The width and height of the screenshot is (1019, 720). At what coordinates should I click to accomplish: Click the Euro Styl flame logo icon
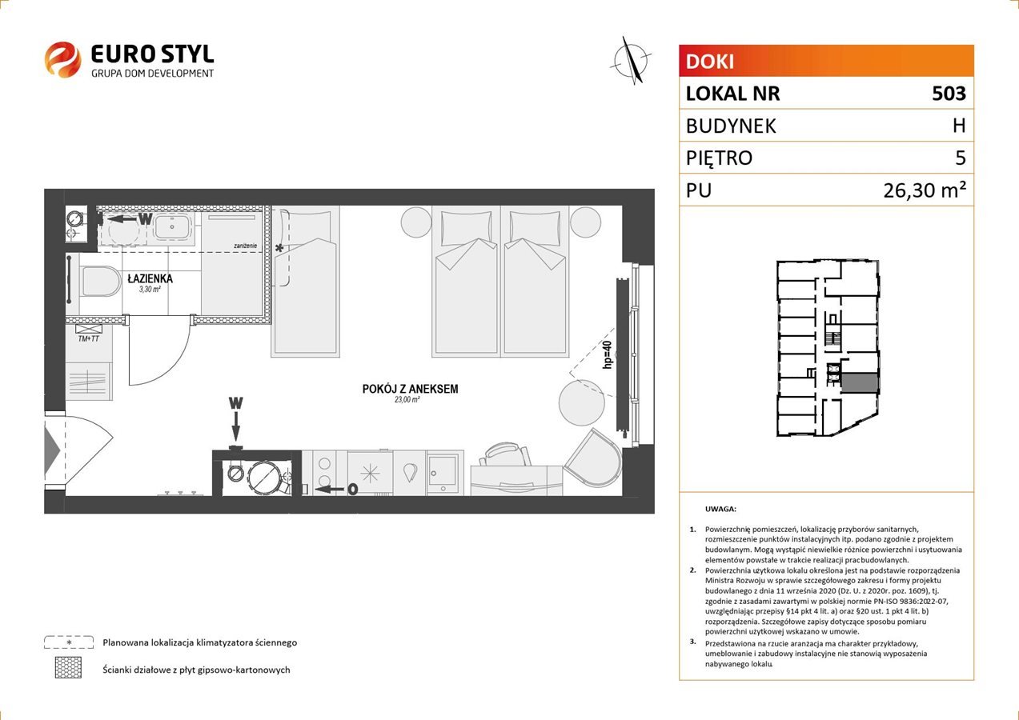62,59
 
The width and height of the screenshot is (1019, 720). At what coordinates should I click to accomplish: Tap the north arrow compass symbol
632,61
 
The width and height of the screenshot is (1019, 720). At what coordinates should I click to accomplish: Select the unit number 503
949,93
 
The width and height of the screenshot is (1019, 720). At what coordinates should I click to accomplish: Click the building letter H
959,126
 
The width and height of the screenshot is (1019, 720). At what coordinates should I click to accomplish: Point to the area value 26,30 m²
925,190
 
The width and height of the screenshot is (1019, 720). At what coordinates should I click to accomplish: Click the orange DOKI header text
710,62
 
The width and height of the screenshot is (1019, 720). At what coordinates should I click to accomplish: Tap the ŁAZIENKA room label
150,278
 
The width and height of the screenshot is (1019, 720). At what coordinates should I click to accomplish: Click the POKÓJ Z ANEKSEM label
410,389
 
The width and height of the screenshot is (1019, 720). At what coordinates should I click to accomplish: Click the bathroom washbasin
172,226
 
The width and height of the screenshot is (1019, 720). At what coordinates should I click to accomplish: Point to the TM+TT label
88,338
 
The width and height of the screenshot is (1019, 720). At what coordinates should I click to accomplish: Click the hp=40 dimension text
608,354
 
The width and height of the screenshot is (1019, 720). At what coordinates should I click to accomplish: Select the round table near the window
582,402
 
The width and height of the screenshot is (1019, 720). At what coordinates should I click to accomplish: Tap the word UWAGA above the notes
720,509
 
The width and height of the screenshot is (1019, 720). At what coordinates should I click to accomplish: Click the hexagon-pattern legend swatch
68,668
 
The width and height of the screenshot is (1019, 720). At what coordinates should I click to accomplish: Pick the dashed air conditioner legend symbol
69,642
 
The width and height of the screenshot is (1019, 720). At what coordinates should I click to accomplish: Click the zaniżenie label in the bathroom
245,246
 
